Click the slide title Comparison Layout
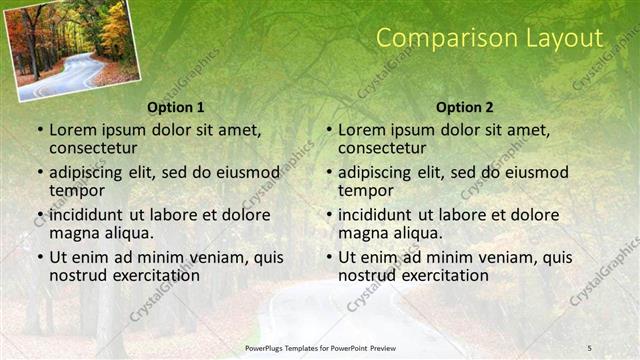[x=490, y=39]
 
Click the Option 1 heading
[x=175, y=106]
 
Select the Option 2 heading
[x=465, y=106]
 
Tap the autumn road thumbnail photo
[x=73, y=50]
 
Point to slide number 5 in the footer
[x=589, y=347]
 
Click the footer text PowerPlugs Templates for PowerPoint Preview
[x=320, y=347]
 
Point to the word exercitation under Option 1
[x=146, y=275]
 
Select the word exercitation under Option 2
[x=435, y=275]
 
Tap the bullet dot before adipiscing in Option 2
[x=328, y=172]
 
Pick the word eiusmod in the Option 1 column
[x=247, y=172]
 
